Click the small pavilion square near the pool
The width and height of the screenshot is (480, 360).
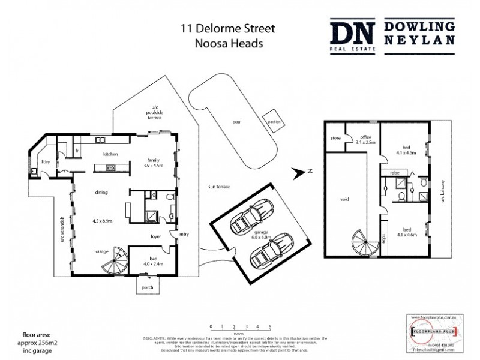tap(274, 119)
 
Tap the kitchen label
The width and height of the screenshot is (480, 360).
tap(110, 154)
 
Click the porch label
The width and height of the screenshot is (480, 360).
tap(148, 288)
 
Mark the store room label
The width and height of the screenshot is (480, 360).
tap(335, 138)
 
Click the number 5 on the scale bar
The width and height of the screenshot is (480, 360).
tap(271, 326)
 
